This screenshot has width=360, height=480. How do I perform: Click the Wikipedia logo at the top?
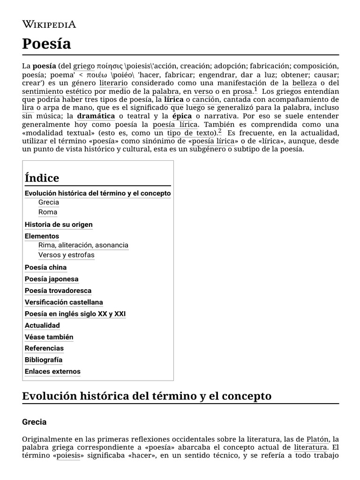point(49,24)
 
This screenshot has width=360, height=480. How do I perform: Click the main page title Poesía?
point(46,44)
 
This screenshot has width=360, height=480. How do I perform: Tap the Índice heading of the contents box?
point(42,178)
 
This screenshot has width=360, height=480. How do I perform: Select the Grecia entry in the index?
point(49,202)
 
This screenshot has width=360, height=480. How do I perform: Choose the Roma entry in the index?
point(48,212)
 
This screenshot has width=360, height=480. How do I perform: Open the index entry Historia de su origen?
point(59,225)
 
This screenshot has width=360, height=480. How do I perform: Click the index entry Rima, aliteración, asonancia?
point(83,245)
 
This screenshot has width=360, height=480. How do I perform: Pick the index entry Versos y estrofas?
point(66,255)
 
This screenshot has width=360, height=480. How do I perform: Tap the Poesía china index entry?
point(45,267)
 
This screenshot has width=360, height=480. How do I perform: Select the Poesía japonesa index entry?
point(52,279)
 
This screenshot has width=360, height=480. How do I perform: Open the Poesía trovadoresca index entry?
point(58,291)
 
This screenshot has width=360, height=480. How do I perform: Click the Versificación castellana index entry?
point(64,302)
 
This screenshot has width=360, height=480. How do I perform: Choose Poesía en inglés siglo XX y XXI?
point(75,314)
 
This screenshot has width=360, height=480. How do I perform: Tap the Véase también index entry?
point(49,337)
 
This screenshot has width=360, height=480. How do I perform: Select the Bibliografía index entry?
point(44,360)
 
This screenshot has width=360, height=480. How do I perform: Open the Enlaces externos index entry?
point(52,372)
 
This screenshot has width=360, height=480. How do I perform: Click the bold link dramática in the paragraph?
point(96,116)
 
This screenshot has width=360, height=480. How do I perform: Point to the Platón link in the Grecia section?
point(317,439)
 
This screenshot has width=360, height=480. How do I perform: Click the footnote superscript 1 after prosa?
point(255,89)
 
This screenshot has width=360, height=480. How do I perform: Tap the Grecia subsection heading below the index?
point(34,422)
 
